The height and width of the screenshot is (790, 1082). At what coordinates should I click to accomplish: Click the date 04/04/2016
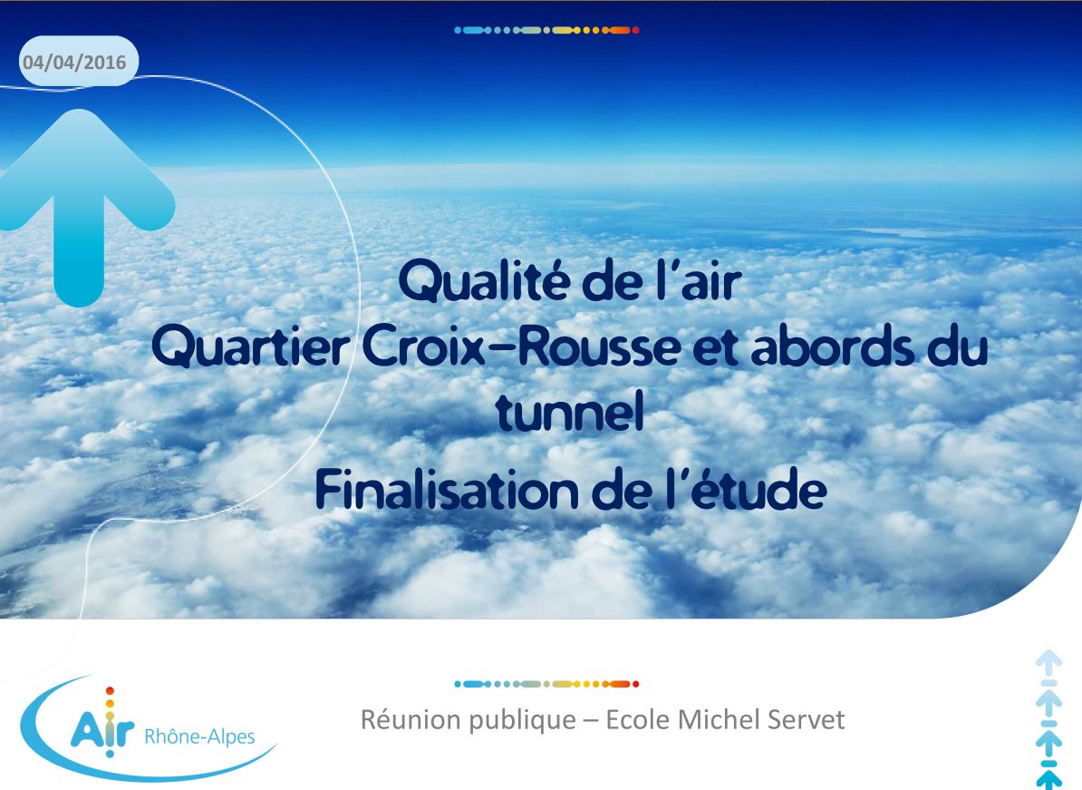(x=74, y=63)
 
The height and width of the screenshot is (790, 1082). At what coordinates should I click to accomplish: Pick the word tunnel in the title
(x=570, y=411)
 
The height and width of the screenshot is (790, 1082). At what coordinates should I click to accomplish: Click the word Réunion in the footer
(x=411, y=719)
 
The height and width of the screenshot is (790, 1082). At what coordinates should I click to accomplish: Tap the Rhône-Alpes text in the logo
(x=199, y=736)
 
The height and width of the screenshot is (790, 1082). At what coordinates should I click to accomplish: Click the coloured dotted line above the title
(x=546, y=31)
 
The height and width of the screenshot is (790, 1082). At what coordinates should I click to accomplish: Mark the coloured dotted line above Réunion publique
(x=546, y=685)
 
